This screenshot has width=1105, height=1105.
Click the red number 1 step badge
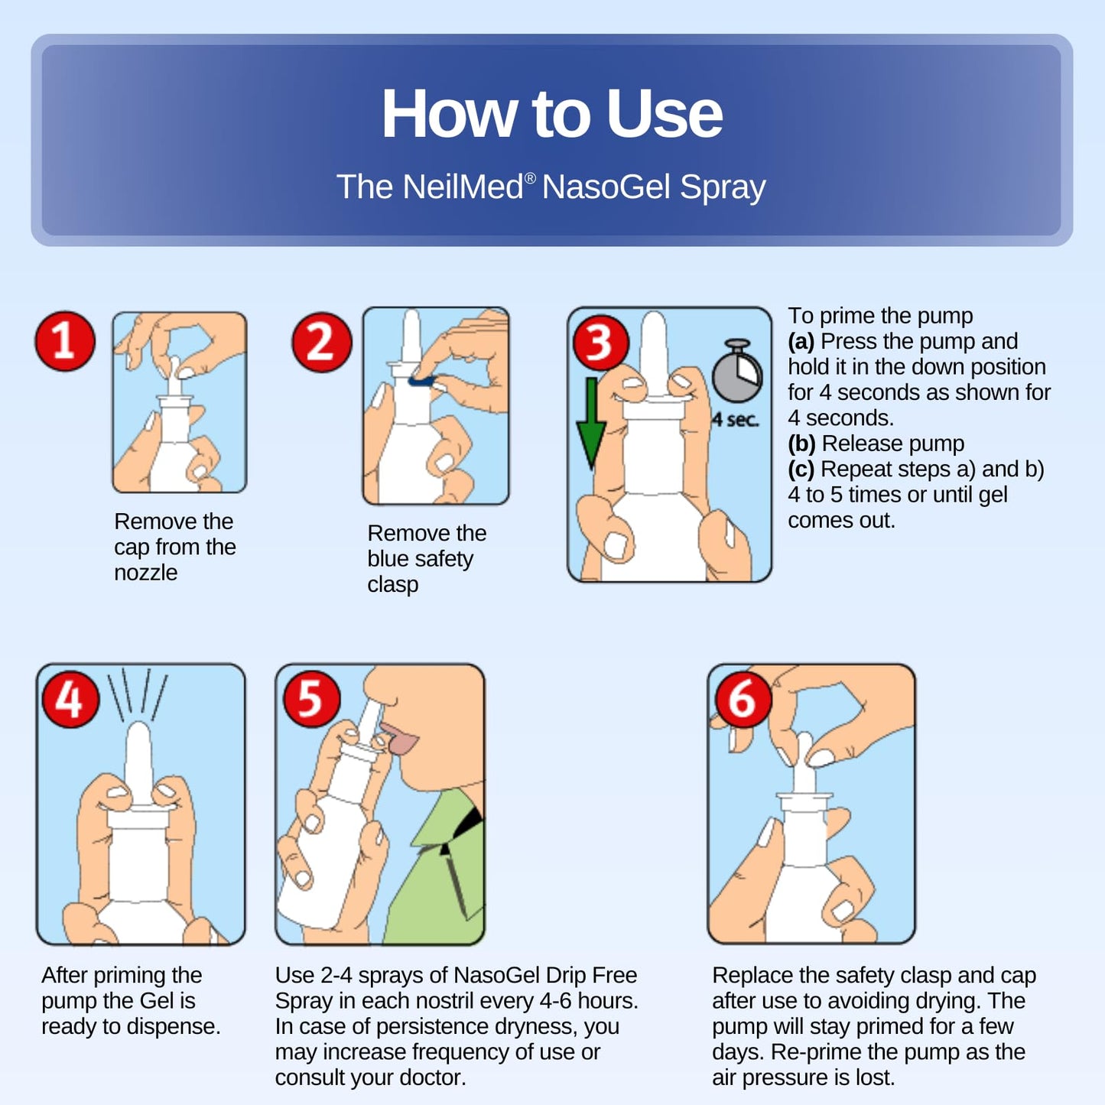point(65,341)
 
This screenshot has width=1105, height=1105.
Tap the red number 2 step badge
point(322,343)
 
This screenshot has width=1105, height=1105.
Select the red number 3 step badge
point(600,343)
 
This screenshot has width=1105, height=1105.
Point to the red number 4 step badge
point(70,700)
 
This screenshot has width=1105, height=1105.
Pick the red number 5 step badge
point(311,700)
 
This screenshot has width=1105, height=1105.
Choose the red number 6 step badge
point(743,700)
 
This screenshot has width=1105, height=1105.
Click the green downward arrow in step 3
point(591,424)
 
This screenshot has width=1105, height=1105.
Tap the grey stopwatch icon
point(737,371)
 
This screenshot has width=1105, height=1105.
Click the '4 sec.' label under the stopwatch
point(735,420)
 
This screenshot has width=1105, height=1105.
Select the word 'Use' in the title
point(664,113)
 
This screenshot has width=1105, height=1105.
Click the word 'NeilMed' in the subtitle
point(463,187)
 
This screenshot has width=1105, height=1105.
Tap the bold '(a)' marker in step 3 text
point(801,342)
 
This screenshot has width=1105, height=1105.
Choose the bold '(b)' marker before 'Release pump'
point(801,444)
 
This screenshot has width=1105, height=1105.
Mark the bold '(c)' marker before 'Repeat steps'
point(801,470)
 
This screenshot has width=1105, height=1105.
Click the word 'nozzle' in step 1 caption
point(145,573)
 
